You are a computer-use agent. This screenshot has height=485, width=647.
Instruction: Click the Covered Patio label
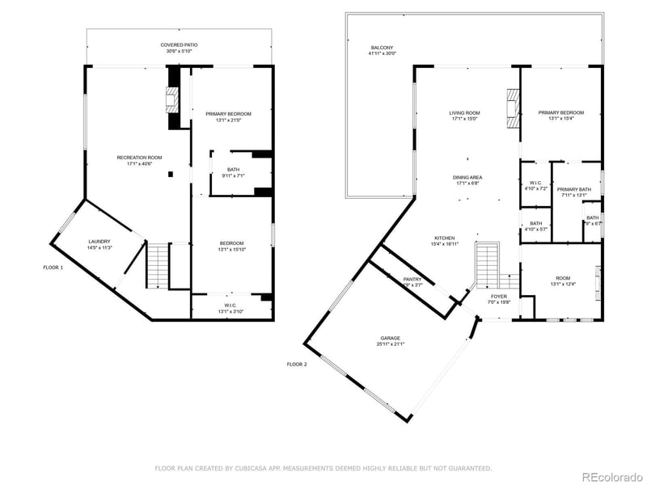coord(179,45)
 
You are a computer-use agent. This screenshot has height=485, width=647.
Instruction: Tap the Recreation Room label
coord(139,158)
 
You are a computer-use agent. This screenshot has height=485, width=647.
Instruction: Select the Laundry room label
coord(99,242)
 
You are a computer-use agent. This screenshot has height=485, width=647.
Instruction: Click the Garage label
coord(391,339)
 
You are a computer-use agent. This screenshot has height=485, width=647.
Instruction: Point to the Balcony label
coord(383,48)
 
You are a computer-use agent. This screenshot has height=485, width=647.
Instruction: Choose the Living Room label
coord(465,113)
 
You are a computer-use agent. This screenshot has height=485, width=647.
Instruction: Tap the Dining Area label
coord(467,177)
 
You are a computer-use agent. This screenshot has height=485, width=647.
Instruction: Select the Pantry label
coord(412,280)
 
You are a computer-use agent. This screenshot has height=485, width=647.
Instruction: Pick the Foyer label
coord(499,297)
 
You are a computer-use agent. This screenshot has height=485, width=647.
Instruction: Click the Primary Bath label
coord(573,189)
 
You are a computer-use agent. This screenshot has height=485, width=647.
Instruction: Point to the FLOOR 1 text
coord(53,267)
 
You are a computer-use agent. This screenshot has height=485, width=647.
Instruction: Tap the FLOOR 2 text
coord(297,365)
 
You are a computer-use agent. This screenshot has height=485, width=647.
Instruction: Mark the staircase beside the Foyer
coord(487,266)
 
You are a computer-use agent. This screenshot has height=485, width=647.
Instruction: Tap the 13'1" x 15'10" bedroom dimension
coord(230,249)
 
